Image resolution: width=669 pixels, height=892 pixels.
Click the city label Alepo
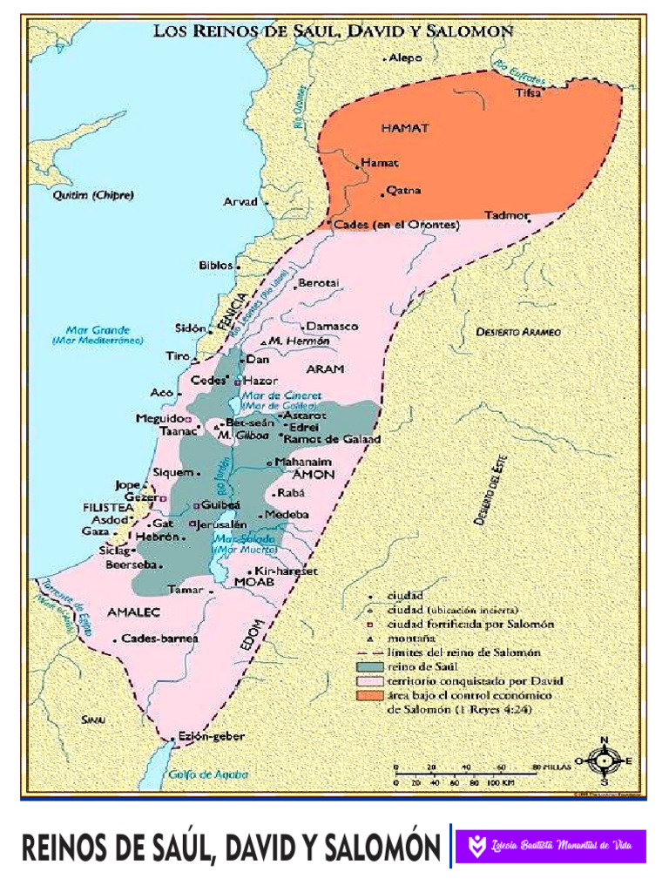[x=406, y=57]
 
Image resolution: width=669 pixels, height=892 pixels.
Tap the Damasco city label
[x=331, y=326]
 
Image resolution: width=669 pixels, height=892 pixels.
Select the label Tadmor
[x=506, y=214]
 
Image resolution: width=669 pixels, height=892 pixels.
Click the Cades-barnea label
[x=160, y=639]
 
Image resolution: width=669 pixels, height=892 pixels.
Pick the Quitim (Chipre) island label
[x=92, y=195]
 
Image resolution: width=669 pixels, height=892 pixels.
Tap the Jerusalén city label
[x=223, y=524]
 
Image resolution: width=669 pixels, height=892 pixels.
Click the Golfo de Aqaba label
[x=208, y=774]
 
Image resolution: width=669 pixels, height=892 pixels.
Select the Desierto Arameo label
[x=518, y=332]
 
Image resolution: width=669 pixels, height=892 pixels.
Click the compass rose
[x=603, y=760]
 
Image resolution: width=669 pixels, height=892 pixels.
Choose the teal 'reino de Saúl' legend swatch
[x=369, y=666]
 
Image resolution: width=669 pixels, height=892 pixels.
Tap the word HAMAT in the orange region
[x=405, y=128]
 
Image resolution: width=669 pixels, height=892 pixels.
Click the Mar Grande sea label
[x=98, y=330]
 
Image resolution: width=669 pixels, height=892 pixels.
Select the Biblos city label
[x=216, y=265]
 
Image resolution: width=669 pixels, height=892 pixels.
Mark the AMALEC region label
[x=134, y=612]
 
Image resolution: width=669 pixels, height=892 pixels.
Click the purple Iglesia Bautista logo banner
[x=551, y=846]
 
